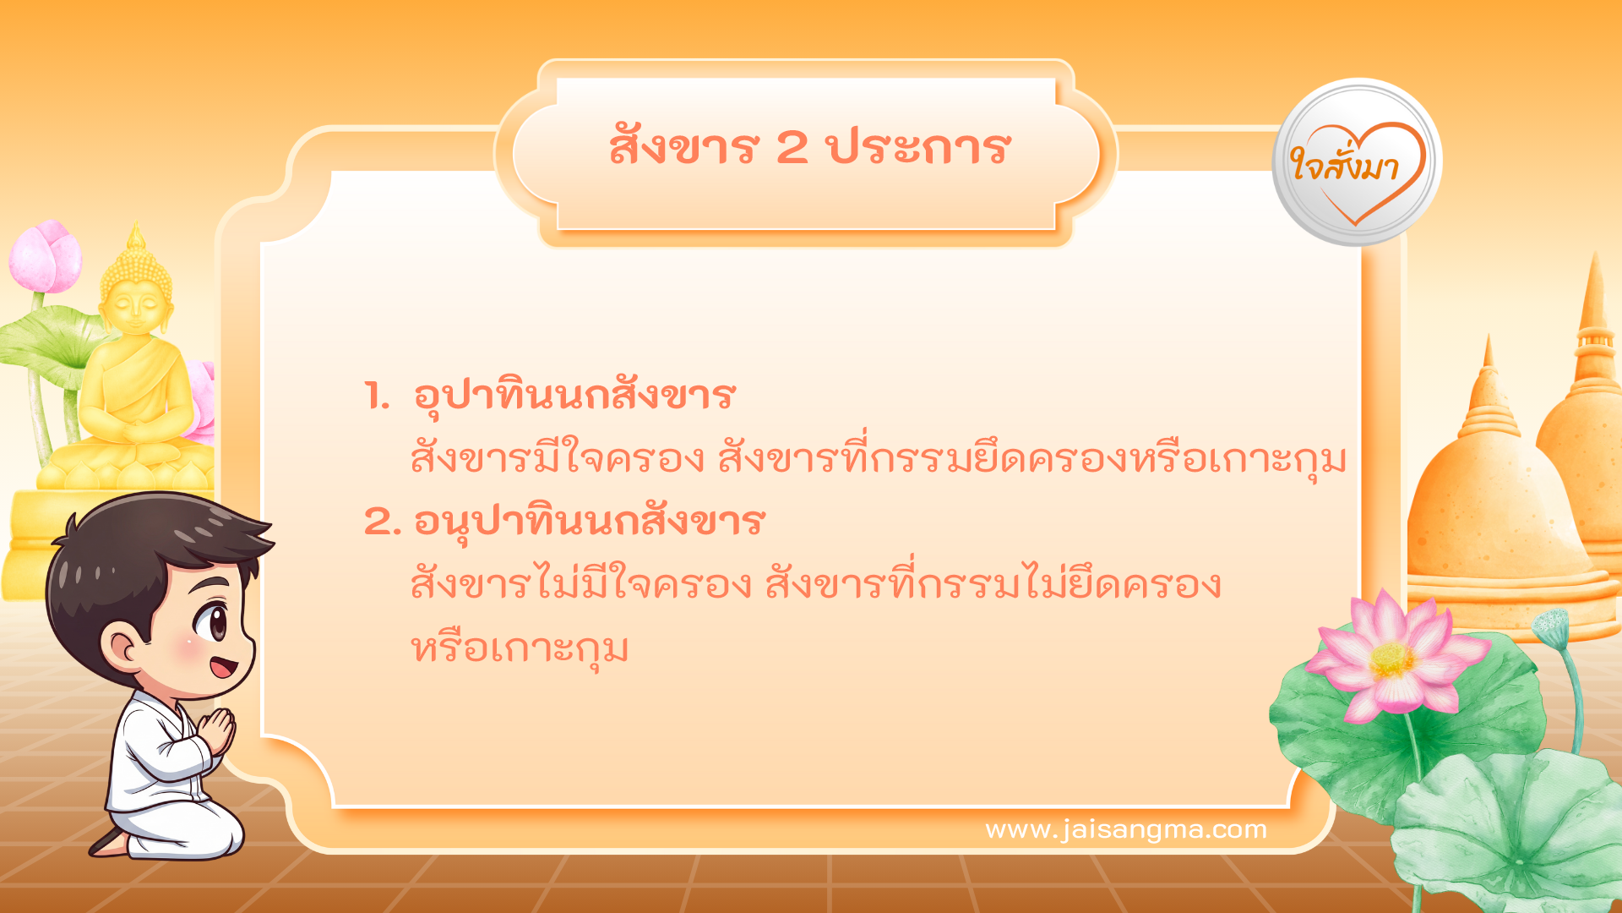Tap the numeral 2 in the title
pyautogui.click(x=792, y=148)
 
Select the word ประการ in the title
pyautogui.click(x=918, y=148)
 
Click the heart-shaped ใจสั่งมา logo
pyautogui.click(x=1357, y=165)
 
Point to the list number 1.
pyautogui.click(x=376, y=396)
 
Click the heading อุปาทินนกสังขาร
pyautogui.click(x=574, y=396)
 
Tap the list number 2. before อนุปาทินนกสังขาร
pyautogui.click(x=382, y=522)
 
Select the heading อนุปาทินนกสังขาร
pyautogui.click(x=589, y=522)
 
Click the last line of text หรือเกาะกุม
pyautogui.click(x=520, y=650)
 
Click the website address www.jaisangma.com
pyautogui.click(x=1125, y=830)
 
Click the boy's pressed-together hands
pyautogui.click(x=219, y=730)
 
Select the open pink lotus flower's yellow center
pyautogui.click(x=1391, y=659)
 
